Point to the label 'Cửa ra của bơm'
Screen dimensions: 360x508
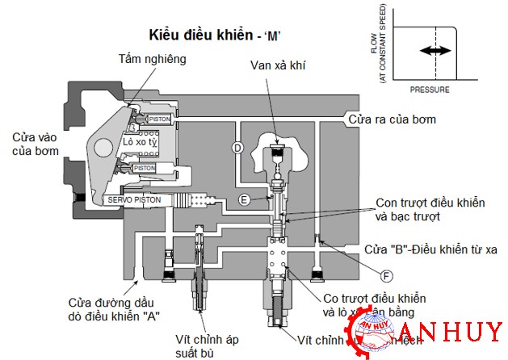pyautogui.click(x=392, y=119)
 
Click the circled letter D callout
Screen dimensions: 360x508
pyautogui.click(x=237, y=148)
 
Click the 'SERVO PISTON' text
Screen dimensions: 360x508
pyautogui.click(x=134, y=199)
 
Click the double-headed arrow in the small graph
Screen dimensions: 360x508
pyautogui.click(x=435, y=51)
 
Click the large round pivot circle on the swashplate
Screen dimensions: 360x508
pyautogui.click(x=103, y=150)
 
